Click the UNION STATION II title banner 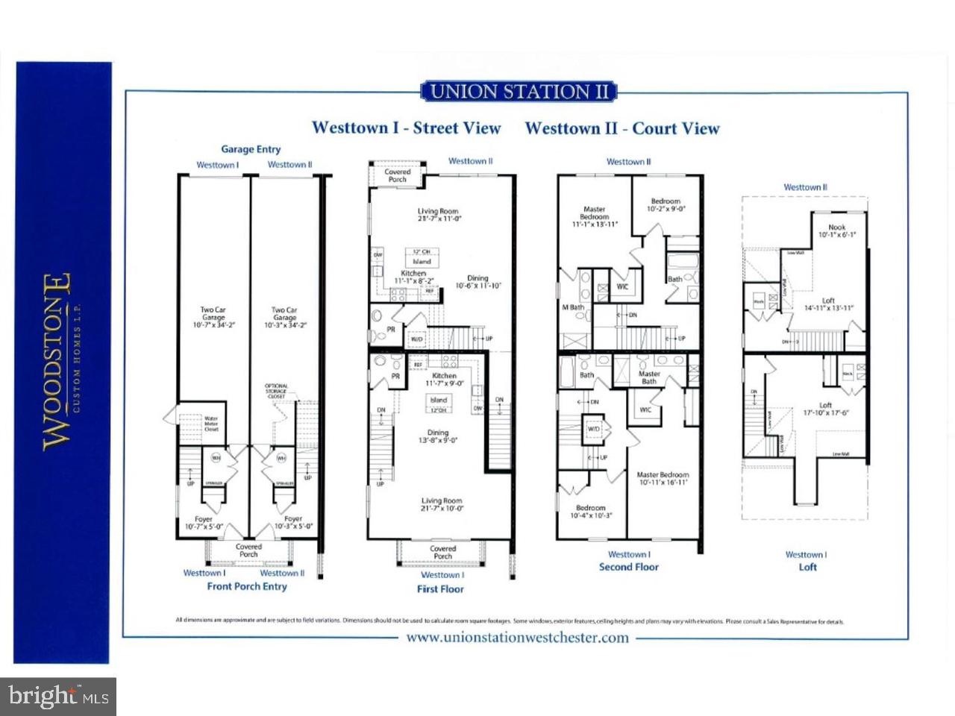pos(519,92)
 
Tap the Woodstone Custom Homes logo pos(58,362)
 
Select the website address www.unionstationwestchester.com pos(516,638)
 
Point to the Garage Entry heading pos(251,149)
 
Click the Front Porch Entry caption pos(247,586)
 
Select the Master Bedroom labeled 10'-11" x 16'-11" pos(663,478)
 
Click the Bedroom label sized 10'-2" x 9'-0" pos(666,205)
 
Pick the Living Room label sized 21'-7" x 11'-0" pos(438,215)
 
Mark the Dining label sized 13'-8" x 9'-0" pos(438,436)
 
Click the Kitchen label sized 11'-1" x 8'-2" pos(413,277)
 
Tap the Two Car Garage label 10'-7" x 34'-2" pos(213,317)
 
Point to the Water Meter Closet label pos(211,424)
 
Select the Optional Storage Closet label pos(277,391)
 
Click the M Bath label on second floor pos(573,307)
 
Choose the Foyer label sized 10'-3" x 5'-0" pos(293,522)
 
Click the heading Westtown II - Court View pos(622,128)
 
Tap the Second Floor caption pos(629,567)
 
